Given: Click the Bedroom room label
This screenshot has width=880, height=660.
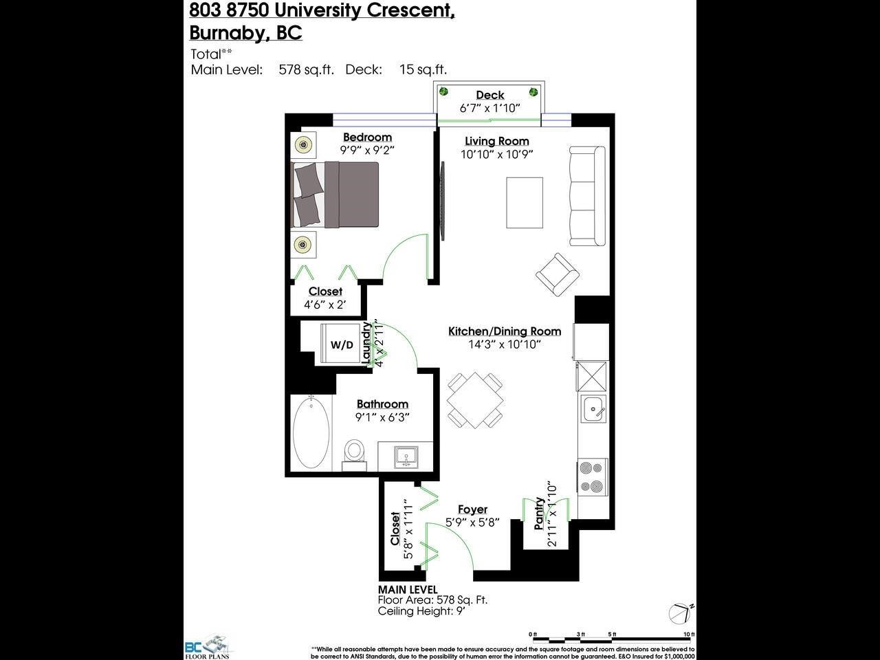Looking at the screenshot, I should point(367,137).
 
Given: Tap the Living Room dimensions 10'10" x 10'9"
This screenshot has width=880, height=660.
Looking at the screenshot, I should point(497,155).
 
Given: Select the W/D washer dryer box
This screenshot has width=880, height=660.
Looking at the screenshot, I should point(342,344).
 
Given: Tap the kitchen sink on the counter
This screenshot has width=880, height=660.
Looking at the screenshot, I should point(593,410).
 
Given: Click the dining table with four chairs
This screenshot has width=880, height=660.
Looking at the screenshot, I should point(474,400).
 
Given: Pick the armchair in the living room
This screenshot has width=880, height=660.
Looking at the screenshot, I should point(557,274).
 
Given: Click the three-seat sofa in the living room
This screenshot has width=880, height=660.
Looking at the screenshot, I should point(588,196).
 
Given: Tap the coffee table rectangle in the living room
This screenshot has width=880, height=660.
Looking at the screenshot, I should point(525,203).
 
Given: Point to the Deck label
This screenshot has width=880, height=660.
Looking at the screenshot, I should point(489,95).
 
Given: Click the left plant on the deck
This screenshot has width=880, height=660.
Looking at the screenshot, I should point(444,91).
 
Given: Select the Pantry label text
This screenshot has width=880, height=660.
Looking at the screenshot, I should point(540,513).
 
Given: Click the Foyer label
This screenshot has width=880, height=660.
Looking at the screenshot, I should point(472,509).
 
